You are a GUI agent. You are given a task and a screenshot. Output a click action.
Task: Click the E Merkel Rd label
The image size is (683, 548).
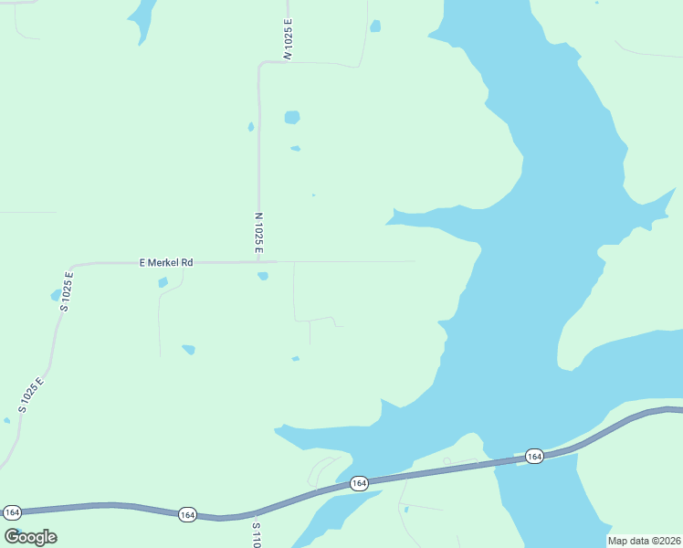(x=166, y=262)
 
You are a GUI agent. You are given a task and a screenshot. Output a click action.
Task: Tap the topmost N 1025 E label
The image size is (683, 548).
(x=288, y=39)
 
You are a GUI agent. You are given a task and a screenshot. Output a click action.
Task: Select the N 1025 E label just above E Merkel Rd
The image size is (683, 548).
(x=259, y=233)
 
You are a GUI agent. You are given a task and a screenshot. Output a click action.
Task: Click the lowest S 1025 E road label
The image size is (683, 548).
(x=30, y=395)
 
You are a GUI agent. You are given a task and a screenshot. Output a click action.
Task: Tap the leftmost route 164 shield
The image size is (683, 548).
(x=12, y=511)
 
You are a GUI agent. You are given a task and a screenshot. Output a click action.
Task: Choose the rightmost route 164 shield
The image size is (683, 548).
(x=534, y=456)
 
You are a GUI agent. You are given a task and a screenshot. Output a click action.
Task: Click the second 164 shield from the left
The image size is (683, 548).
(x=187, y=515)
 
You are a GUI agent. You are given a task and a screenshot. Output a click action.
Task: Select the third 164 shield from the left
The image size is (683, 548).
(x=359, y=483)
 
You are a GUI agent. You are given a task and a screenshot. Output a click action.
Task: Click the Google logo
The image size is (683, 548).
(x=30, y=537)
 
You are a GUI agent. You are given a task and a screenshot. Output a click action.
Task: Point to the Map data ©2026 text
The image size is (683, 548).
(x=644, y=541)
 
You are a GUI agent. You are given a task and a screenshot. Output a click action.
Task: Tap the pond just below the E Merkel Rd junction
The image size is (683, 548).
(x=263, y=276)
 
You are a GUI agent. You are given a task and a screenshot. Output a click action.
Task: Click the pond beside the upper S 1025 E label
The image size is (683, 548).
(x=56, y=295)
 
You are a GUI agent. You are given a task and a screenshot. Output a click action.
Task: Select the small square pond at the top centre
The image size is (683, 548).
(x=375, y=26)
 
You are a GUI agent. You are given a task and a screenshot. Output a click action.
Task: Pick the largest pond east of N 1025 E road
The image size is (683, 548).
(x=291, y=117)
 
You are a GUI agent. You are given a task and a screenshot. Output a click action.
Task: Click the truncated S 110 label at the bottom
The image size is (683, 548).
(x=257, y=535)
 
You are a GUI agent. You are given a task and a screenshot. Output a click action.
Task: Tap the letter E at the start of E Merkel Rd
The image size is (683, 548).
(x=142, y=262)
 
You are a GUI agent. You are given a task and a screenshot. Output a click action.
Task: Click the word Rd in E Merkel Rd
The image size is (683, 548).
(x=187, y=262)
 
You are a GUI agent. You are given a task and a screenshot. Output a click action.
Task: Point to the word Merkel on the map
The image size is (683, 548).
(x=164, y=262)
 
